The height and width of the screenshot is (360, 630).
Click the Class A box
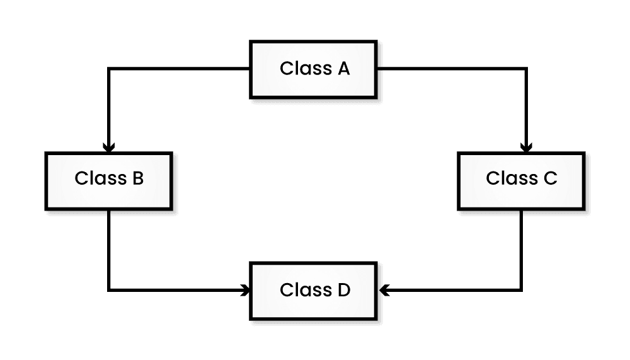point(314,69)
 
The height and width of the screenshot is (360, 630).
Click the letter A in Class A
point(343,69)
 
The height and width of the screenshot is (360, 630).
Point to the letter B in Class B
point(137,179)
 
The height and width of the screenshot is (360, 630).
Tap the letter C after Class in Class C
point(550,179)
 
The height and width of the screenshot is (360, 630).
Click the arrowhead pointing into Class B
point(109,148)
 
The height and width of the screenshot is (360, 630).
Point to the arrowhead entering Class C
point(526,148)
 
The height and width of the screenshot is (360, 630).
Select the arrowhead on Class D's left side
point(245,291)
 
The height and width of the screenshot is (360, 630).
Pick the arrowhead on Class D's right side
point(385,291)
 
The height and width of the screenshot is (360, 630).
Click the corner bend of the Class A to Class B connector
point(109,69)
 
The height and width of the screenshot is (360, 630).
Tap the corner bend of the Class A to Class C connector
point(526,69)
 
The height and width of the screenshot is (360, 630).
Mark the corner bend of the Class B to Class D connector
point(109,291)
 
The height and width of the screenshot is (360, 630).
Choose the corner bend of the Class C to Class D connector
point(521,291)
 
